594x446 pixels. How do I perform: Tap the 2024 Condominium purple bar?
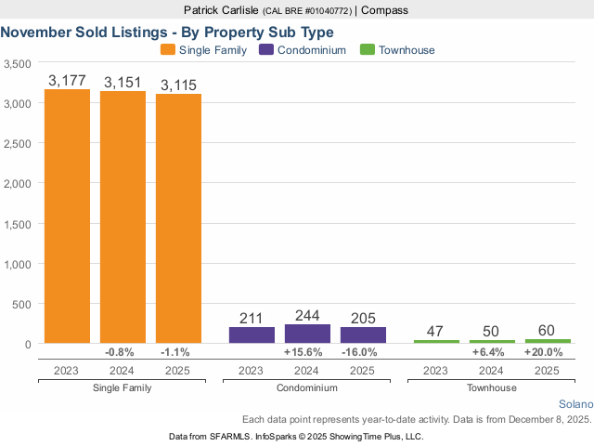(x=307, y=334)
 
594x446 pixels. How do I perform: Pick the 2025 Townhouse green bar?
(x=548, y=341)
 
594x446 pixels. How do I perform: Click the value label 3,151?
(x=123, y=83)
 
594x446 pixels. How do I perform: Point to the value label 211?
(x=252, y=318)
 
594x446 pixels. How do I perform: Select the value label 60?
(x=548, y=330)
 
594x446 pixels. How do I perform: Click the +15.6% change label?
(x=307, y=352)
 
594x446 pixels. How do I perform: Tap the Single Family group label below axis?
(x=123, y=387)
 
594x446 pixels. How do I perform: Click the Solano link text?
(x=575, y=405)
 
